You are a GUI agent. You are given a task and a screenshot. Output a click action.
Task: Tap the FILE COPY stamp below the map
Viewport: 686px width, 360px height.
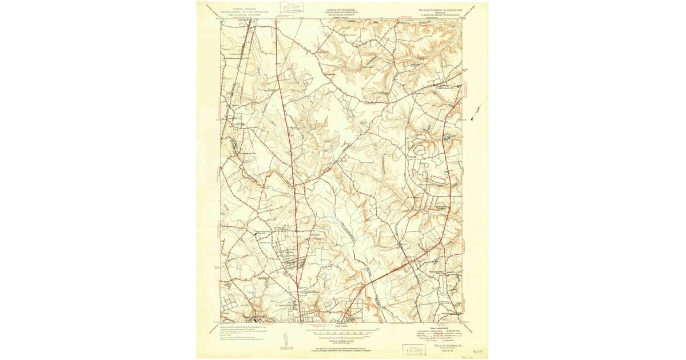click(x=414, y=349)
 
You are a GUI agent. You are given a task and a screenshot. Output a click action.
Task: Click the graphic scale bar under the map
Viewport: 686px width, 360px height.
click(x=341, y=330)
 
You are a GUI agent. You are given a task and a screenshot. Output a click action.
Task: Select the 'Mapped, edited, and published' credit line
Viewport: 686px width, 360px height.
click(x=240, y=326)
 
